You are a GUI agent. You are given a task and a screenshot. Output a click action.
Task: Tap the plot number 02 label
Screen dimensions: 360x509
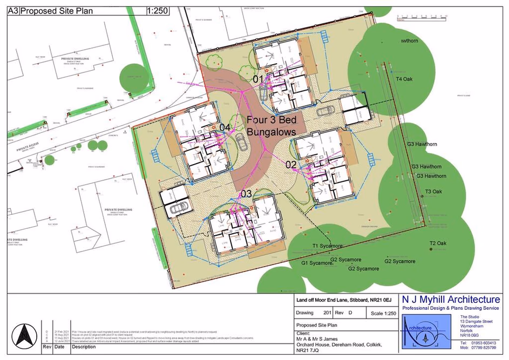pos(291,165)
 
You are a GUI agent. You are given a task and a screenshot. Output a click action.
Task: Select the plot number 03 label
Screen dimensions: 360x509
pos(246,194)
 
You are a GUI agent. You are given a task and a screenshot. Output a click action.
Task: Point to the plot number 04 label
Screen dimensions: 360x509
pos(225,127)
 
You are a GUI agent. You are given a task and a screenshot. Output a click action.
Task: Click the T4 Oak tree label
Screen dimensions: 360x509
pos(404,79)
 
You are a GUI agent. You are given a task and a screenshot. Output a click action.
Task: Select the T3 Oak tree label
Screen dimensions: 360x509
pos(433,192)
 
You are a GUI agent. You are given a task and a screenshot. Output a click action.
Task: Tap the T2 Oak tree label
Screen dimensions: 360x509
pos(437,243)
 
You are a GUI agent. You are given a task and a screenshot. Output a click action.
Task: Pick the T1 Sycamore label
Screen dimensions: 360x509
pos(327,246)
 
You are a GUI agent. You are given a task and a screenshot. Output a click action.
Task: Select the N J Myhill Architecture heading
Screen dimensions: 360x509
pos(451,300)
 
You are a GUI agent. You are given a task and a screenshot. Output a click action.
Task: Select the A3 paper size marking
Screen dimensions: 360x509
pos(13,10)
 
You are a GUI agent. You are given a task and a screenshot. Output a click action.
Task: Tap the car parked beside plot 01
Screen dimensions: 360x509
pos(325,111)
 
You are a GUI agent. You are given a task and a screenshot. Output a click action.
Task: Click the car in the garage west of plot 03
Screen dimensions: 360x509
pos(177,209)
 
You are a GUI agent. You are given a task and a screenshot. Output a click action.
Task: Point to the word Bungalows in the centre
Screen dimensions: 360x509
pos(272,132)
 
